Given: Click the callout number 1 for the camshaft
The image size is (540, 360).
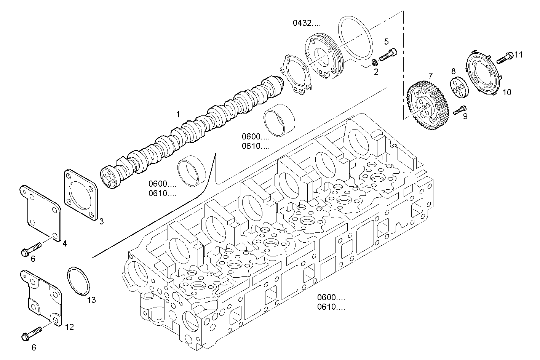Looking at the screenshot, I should (178, 114).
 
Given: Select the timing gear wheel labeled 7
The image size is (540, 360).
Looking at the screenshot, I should (428, 105).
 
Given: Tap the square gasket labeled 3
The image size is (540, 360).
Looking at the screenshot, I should (80, 195).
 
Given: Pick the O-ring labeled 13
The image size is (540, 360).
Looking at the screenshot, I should (78, 281).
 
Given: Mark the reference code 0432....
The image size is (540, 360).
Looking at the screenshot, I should (307, 23).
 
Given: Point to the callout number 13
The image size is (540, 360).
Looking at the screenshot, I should (91, 300).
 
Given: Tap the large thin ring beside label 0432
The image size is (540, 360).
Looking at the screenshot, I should (355, 38).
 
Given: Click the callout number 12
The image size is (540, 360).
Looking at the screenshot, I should (69, 327).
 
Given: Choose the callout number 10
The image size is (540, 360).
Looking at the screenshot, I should (506, 92).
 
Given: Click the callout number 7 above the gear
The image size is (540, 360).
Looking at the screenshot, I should (431, 76).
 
